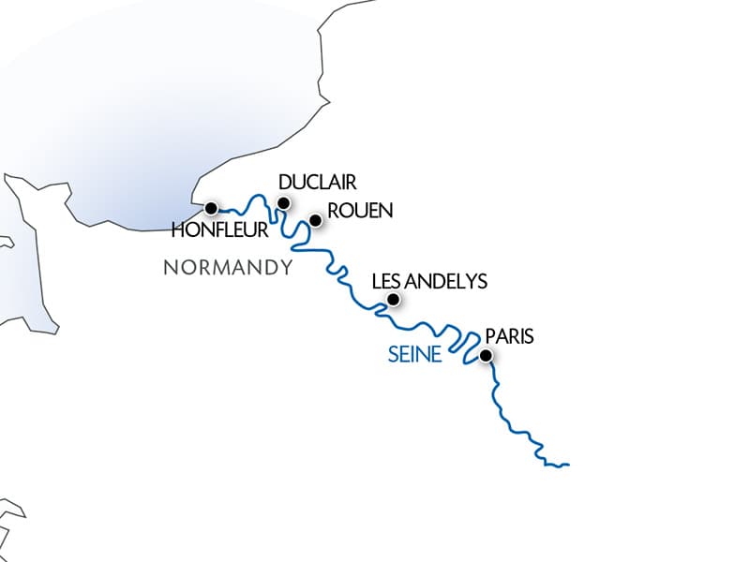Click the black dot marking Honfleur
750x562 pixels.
point(211,207)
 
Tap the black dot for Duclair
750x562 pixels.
point(284,203)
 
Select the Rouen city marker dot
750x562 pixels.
point(316,220)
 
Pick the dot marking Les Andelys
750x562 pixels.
point(394,300)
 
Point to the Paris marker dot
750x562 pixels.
point(486,355)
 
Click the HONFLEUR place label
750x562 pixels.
point(221,229)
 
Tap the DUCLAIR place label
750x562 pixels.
point(319,182)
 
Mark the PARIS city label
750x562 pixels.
point(509,337)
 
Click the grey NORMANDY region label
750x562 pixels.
point(228,268)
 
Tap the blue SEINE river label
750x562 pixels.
point(415,356)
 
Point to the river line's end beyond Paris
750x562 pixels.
point(568,464)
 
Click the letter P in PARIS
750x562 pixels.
point(489,337)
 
